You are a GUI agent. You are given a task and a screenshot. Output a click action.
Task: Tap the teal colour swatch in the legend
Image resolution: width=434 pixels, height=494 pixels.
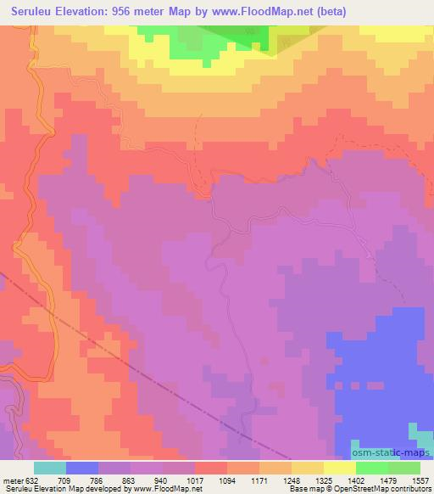pyautogui.click(x=49, y=467)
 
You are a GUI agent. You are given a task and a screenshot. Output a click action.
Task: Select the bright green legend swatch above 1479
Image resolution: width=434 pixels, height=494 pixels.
pyautogui.click(x=371, y=467)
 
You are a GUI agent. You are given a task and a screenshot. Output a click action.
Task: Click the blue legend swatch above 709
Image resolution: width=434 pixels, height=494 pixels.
pyautogui.click(x=81, y=467)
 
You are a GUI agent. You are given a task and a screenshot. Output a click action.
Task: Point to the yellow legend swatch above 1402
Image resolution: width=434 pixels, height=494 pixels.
pyautogui.click(x=339, y=467)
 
